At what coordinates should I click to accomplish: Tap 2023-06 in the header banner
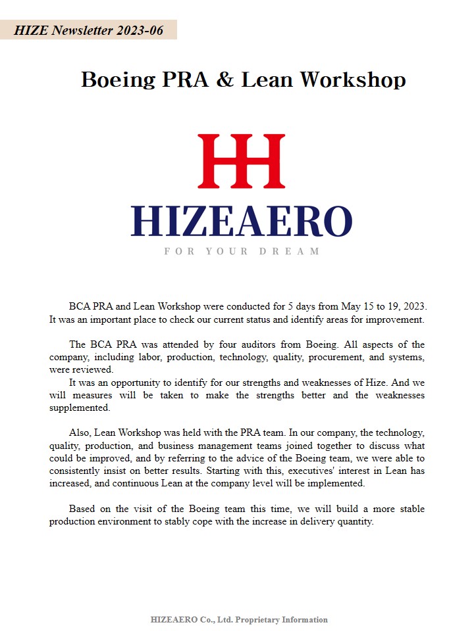(x=138, y=30)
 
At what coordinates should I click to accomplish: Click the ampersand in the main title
(x=225, y=80)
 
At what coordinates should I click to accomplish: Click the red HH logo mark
(x=241, y=161)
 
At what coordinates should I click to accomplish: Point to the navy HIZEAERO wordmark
(x=241, y=221)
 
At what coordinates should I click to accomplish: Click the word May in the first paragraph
(x=350, y=306)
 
